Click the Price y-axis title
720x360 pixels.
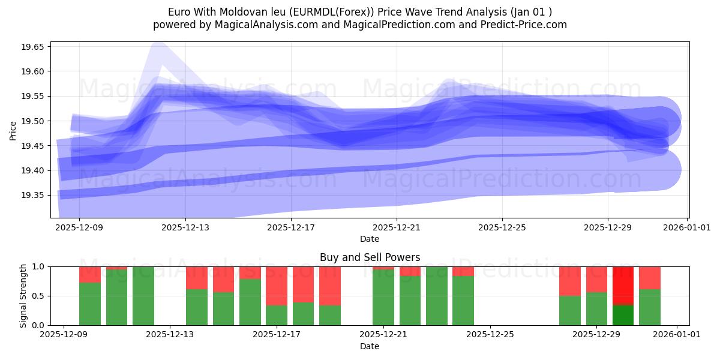(13, 130)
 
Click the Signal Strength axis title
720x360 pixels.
(23, 295)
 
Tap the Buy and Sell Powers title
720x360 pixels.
(370, 257)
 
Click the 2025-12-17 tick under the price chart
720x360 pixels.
(290, 227)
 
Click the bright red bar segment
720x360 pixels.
(623, 286)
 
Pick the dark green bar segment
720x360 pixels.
(623, 315)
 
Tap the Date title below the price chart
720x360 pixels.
(370, 239)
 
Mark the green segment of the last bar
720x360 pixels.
(650, 307)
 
